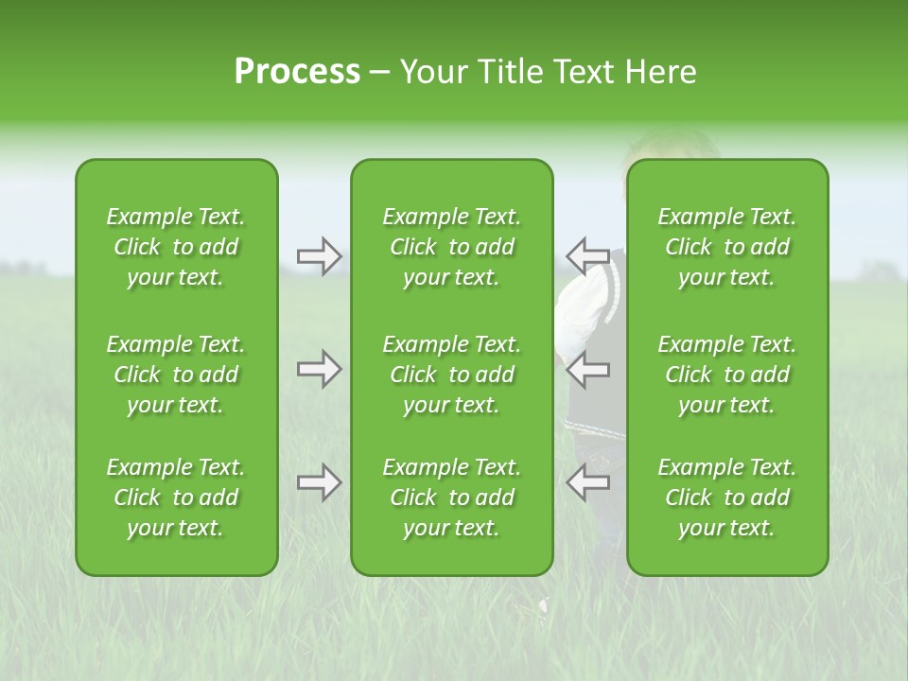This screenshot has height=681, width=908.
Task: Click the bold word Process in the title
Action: point(297,72)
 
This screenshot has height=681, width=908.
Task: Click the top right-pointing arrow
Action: point(319,255)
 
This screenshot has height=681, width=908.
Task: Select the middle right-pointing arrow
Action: point(319,369)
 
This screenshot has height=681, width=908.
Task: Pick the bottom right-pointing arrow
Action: point(319,482)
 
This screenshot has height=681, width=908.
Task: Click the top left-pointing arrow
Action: point(587,255)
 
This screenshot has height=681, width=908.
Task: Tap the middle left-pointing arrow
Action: point(587,369)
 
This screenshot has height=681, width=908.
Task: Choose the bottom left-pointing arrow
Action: point(587,482)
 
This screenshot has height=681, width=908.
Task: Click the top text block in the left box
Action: point(176,247)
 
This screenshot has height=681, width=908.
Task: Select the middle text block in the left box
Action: point(176,375)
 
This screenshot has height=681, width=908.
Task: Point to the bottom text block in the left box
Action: point(176,498)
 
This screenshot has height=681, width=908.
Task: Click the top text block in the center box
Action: point(451,247)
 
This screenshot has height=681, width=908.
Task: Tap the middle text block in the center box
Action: point(451,375)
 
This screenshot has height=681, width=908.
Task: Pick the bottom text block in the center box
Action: point(451,498)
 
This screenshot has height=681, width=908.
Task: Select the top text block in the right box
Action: point(726,247)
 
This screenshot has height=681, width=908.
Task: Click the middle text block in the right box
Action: point(726,375)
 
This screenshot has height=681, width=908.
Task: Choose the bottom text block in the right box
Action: point(726,498)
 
